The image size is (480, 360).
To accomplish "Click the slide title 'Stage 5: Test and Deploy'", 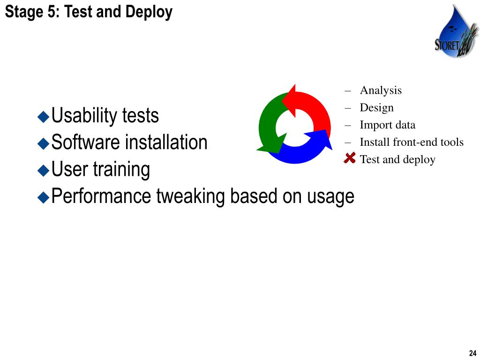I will coord(89,12).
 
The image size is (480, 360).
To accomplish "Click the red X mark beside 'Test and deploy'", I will coord(349,158).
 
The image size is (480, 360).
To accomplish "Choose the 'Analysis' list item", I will coord(381,90).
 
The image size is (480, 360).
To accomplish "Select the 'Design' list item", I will coord(376,107).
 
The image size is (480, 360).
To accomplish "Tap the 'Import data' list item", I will coord(387,125).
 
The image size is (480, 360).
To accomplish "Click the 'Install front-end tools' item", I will coord(412,142).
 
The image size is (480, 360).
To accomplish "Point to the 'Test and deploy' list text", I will coord(397,159).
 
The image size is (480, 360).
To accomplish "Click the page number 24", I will coord(472,353).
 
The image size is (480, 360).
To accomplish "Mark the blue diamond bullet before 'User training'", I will coord(44,170).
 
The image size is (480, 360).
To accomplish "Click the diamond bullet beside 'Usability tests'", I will coord(44,116).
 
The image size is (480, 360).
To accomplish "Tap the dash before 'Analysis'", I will coord(348,90).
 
